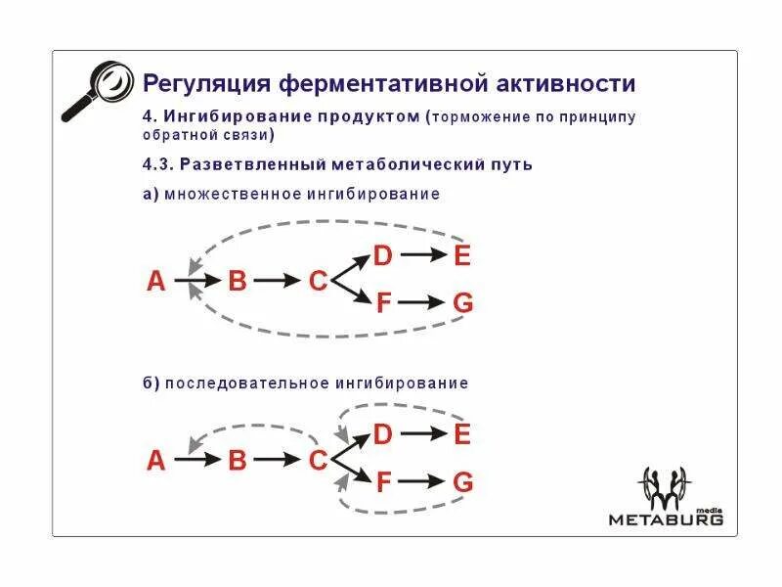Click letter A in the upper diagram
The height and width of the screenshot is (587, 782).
pos(156,282)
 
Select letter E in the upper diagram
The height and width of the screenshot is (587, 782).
pos(462,256)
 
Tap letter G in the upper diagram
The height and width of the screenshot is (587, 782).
pos(463,303)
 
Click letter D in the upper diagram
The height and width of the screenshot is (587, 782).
pos(382,256)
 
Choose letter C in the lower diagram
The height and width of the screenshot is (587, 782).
pos(318,460)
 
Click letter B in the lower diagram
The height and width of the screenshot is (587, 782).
pos(238,460)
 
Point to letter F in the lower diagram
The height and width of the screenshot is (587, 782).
pos(383,481)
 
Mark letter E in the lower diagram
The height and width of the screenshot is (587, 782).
pos(462,434)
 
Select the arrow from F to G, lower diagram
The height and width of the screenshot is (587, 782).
pos(422,481)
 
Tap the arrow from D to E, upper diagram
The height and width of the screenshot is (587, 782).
pos(422,256)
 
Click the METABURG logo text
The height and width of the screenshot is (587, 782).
pos(667,519)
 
